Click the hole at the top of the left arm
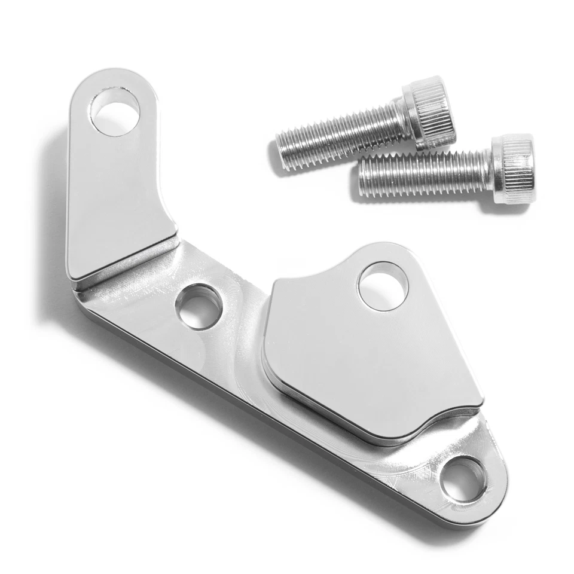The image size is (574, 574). (114, 111)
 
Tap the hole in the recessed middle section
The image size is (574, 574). (199, 307)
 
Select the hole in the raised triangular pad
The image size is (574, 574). (383, 286)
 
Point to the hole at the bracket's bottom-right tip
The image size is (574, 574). (463, 479)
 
